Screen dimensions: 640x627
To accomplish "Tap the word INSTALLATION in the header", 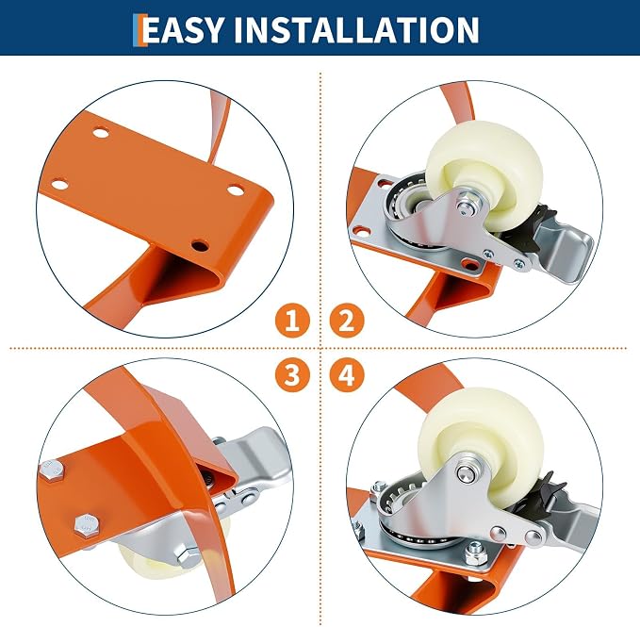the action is tap(356, 29).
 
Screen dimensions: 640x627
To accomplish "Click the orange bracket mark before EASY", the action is tap(140, 30).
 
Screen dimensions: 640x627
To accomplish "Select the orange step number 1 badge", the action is tap(292, 321).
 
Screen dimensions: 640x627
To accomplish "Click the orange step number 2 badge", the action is tap(347, 321).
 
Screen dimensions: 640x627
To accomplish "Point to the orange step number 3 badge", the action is tap(292, 374).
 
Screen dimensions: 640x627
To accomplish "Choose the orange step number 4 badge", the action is tap(347, 374).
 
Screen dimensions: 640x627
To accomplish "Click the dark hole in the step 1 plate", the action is tap(200, 246).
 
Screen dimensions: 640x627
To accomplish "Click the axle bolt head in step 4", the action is tap(467, 472).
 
